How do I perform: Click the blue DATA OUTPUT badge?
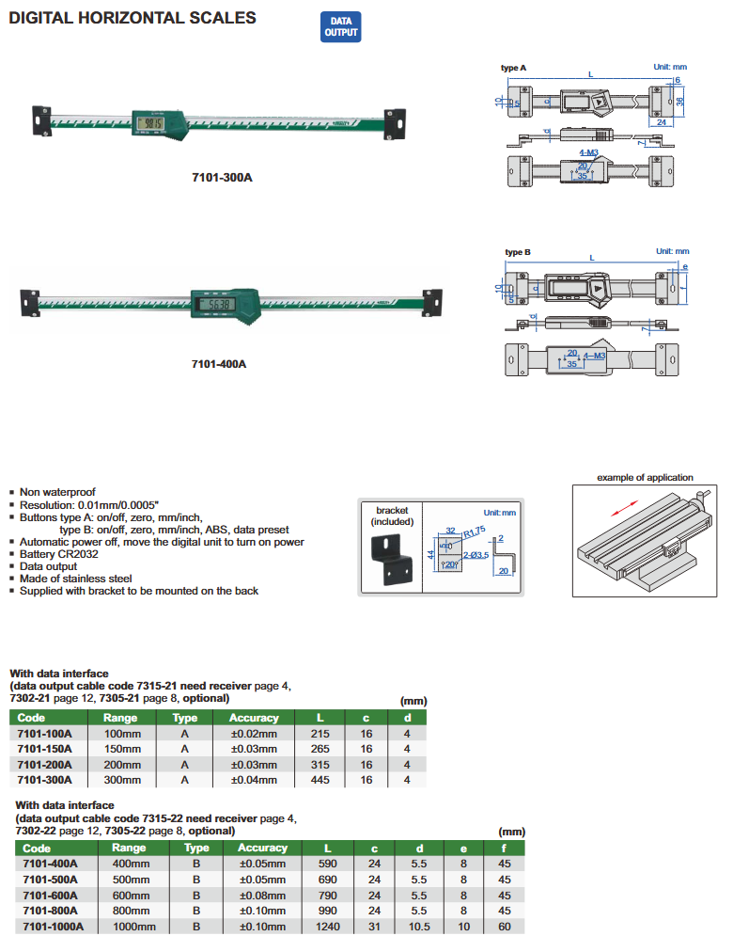[340, 27]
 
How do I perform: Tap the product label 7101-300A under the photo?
[222, 176]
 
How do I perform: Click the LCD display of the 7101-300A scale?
[150, 123]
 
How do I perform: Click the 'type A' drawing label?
[514, 69]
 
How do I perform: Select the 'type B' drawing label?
[518, 252]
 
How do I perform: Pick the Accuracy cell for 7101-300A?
[254, 780]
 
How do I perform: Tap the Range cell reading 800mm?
[131, 911]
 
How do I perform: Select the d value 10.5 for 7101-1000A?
[419, 927]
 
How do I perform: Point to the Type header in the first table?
[185, 718]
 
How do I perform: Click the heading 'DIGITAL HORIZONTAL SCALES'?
[132, 18]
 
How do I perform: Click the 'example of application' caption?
[645, 478]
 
